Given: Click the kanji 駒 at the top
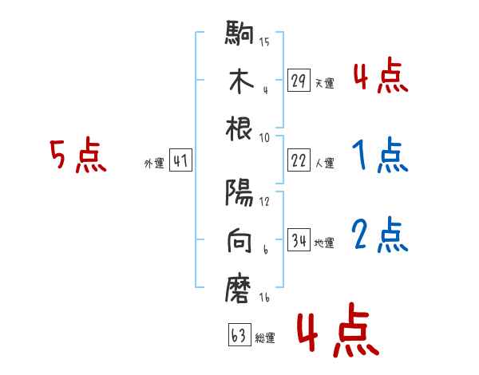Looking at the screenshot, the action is pyautogui.click(x=239, y=35).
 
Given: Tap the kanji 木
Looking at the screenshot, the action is pyautogui.click(x=239, y=82).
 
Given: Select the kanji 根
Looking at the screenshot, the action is pyautogui.click(x=239, y=129).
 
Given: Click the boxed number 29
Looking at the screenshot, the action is pyautogui.click(x=299, y=81).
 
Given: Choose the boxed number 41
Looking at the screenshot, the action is pyautogui.click(x=180, y=161).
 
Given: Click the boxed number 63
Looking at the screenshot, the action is pyautogui.click(x=239, y=336).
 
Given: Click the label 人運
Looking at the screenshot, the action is pyautogui.click(x=324, y=164).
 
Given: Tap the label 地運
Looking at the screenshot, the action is pyautogui.click(x=324, y=243).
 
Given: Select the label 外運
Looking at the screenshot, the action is pyautogui.click(x=153, y=164).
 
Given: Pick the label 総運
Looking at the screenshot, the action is pyautogui.click(x=264, y=338).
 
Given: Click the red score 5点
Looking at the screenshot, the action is pyautogui.click(x=77, y=156).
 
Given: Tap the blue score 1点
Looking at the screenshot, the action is pyautogui.click(x=379, y=156).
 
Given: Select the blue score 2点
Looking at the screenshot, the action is pyautogui.click(x=379, y=235).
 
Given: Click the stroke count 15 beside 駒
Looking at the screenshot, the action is pyautogui.click(x=264, y=41).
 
